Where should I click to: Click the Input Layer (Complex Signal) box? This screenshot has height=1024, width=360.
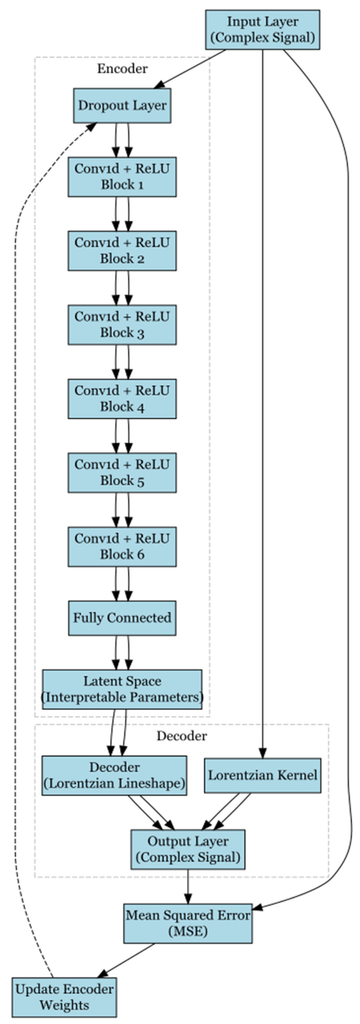[262, 30]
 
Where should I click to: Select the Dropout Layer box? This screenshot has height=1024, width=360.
[122, 105]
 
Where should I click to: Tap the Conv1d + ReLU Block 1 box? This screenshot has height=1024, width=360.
[122, 177]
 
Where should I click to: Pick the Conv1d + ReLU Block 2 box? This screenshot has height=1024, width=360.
[122, 250]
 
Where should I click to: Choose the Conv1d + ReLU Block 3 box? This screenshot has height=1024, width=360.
[122, 324]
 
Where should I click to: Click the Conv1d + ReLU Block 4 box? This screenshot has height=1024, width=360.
[122, 398]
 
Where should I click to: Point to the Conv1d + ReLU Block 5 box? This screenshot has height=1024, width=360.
[122, 472]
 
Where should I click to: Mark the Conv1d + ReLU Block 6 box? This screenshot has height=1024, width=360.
[122, 546]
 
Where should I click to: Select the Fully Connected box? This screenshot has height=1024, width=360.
[122, 618]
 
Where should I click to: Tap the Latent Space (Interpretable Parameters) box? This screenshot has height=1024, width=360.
[122, 689]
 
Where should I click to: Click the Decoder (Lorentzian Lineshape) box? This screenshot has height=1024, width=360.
[114, 775]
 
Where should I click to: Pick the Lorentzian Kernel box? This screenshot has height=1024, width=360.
[262, 775]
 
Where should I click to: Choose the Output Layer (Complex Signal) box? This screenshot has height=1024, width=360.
[188, 849]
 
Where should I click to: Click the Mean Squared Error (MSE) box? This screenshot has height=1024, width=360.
[188, 923]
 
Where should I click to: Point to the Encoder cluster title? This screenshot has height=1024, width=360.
[122, 69]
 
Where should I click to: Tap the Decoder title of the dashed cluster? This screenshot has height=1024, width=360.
[182, 736]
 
